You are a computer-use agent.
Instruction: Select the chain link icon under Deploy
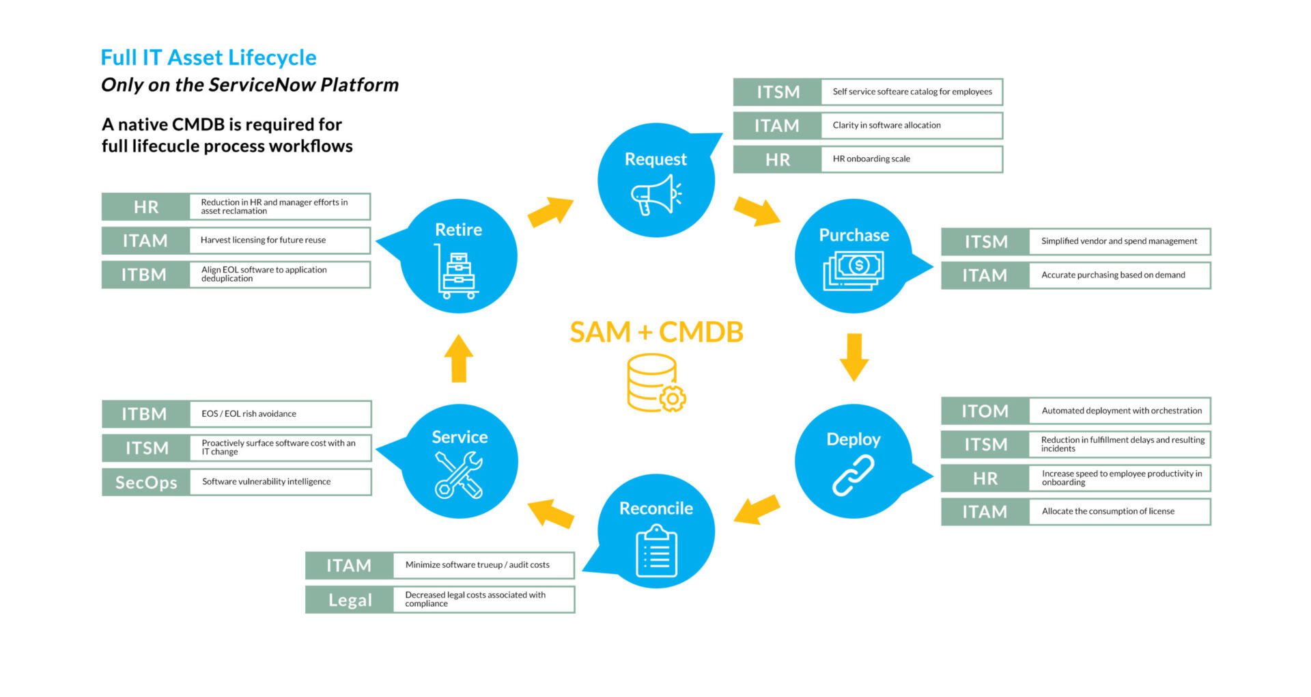[x=853, y=476]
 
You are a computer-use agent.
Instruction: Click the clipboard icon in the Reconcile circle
[x=656, y=551]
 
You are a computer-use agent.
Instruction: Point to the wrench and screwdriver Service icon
[x=459, y=475]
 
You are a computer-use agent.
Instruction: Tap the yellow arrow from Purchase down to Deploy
[x=854, y=357]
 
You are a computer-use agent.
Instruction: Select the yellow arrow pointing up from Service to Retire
[x=459, y=358]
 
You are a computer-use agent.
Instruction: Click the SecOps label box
[x=146, y=482]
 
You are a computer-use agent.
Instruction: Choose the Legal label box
[x=350, y=600]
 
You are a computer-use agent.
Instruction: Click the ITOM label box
[x=985, y=411]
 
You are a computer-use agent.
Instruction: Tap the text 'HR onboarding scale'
[x=871, y=159]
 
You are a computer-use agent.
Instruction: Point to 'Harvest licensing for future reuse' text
[x=263, y=241]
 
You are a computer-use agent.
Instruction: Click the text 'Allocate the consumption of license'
[x=1108, y=512]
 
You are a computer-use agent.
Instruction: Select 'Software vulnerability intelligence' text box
[x=266, y=482]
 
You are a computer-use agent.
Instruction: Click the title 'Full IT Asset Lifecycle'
[x=208, y=58]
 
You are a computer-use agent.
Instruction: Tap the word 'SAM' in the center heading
[x=600, y=333]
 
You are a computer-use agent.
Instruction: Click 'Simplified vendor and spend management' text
[x=1118, y=242]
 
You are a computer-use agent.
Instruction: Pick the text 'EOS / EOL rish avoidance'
[x=249, y=414]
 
